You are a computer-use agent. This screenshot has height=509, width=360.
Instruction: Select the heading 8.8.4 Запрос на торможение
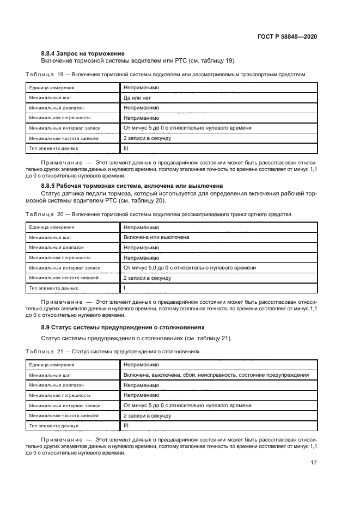(83, 53)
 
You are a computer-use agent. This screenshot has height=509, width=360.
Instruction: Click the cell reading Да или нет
(137, 97)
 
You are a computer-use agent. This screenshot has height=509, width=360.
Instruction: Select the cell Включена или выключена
(156, 237)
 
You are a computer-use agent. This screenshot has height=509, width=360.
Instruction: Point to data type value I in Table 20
(125, 287)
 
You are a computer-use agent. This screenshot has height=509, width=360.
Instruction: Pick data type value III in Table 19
(126, 148)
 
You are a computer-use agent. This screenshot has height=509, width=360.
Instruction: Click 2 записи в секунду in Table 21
(148, 415)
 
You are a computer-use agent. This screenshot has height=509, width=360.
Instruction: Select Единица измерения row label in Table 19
(52, 88)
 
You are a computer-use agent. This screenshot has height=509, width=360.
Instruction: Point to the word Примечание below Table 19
(60, 162)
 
